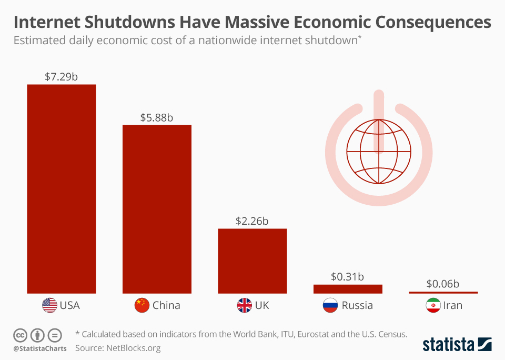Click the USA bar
click(62, 188)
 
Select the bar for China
click(157, 209)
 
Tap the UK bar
click(252, 261)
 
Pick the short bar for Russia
click(348, 289)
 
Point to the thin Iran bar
click(443, 292)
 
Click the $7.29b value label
click(62, 77)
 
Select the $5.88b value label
click(157, 118)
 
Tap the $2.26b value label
click(252, 221)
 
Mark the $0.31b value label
click(348, 276)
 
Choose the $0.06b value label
click(443, 284)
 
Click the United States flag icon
click(49, 305)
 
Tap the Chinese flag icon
click(142, 305)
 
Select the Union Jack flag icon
click(245, 305)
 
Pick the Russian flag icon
click(330, 305)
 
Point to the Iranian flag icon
click(433, 305)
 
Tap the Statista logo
click(457, 345)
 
